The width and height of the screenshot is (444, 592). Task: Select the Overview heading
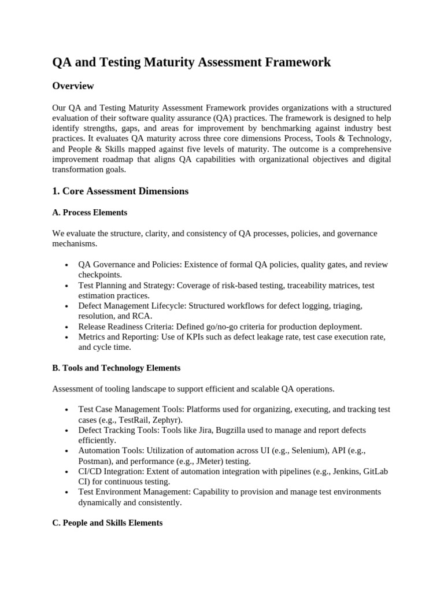(73, 86)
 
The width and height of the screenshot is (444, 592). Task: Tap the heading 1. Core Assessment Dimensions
(120, 191)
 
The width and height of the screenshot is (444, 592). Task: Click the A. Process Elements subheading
(90, 212)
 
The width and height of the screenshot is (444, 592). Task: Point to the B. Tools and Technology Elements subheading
(116, 368)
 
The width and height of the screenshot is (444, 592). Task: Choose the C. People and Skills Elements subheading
(107, 523)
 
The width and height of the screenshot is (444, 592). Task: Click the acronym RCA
(142, 316)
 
